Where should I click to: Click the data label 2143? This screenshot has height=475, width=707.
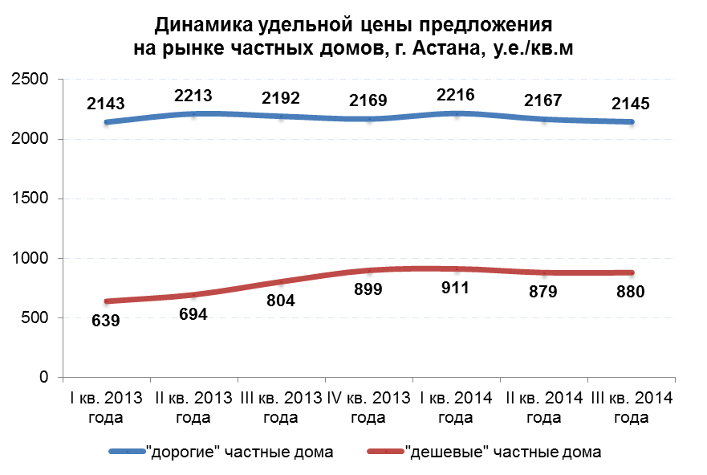tap(106, 104)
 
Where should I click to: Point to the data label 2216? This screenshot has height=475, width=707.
tap(455, 96)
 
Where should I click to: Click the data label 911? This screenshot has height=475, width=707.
tap(457, 290)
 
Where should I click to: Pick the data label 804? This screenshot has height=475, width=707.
tap(282, 301)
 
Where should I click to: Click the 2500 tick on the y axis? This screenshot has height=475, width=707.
tap(30, 80)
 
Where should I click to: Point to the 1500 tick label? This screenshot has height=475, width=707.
tap(30, 199)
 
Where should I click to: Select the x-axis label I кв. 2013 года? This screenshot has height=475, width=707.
tap(104, 407)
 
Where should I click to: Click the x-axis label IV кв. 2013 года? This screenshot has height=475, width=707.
tap(368, 407)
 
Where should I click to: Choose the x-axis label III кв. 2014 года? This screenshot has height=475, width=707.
tap(631, 407)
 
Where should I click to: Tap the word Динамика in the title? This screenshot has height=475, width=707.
tap(201, 23)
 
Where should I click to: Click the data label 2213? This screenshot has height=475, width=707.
tap(193, 97)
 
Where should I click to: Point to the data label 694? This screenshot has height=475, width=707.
tap(193, 314)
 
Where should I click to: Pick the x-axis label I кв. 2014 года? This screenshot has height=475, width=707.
tap(455, 407)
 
